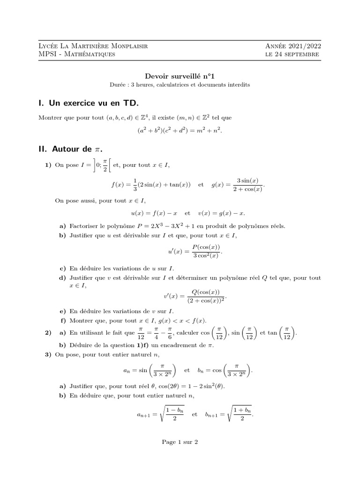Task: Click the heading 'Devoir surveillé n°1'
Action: point(180,75)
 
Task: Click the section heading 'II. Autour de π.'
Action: point(70,149)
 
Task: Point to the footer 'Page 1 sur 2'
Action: point(180,442)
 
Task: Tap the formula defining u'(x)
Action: point(194,251)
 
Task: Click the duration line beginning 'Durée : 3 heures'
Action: point(180,85)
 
